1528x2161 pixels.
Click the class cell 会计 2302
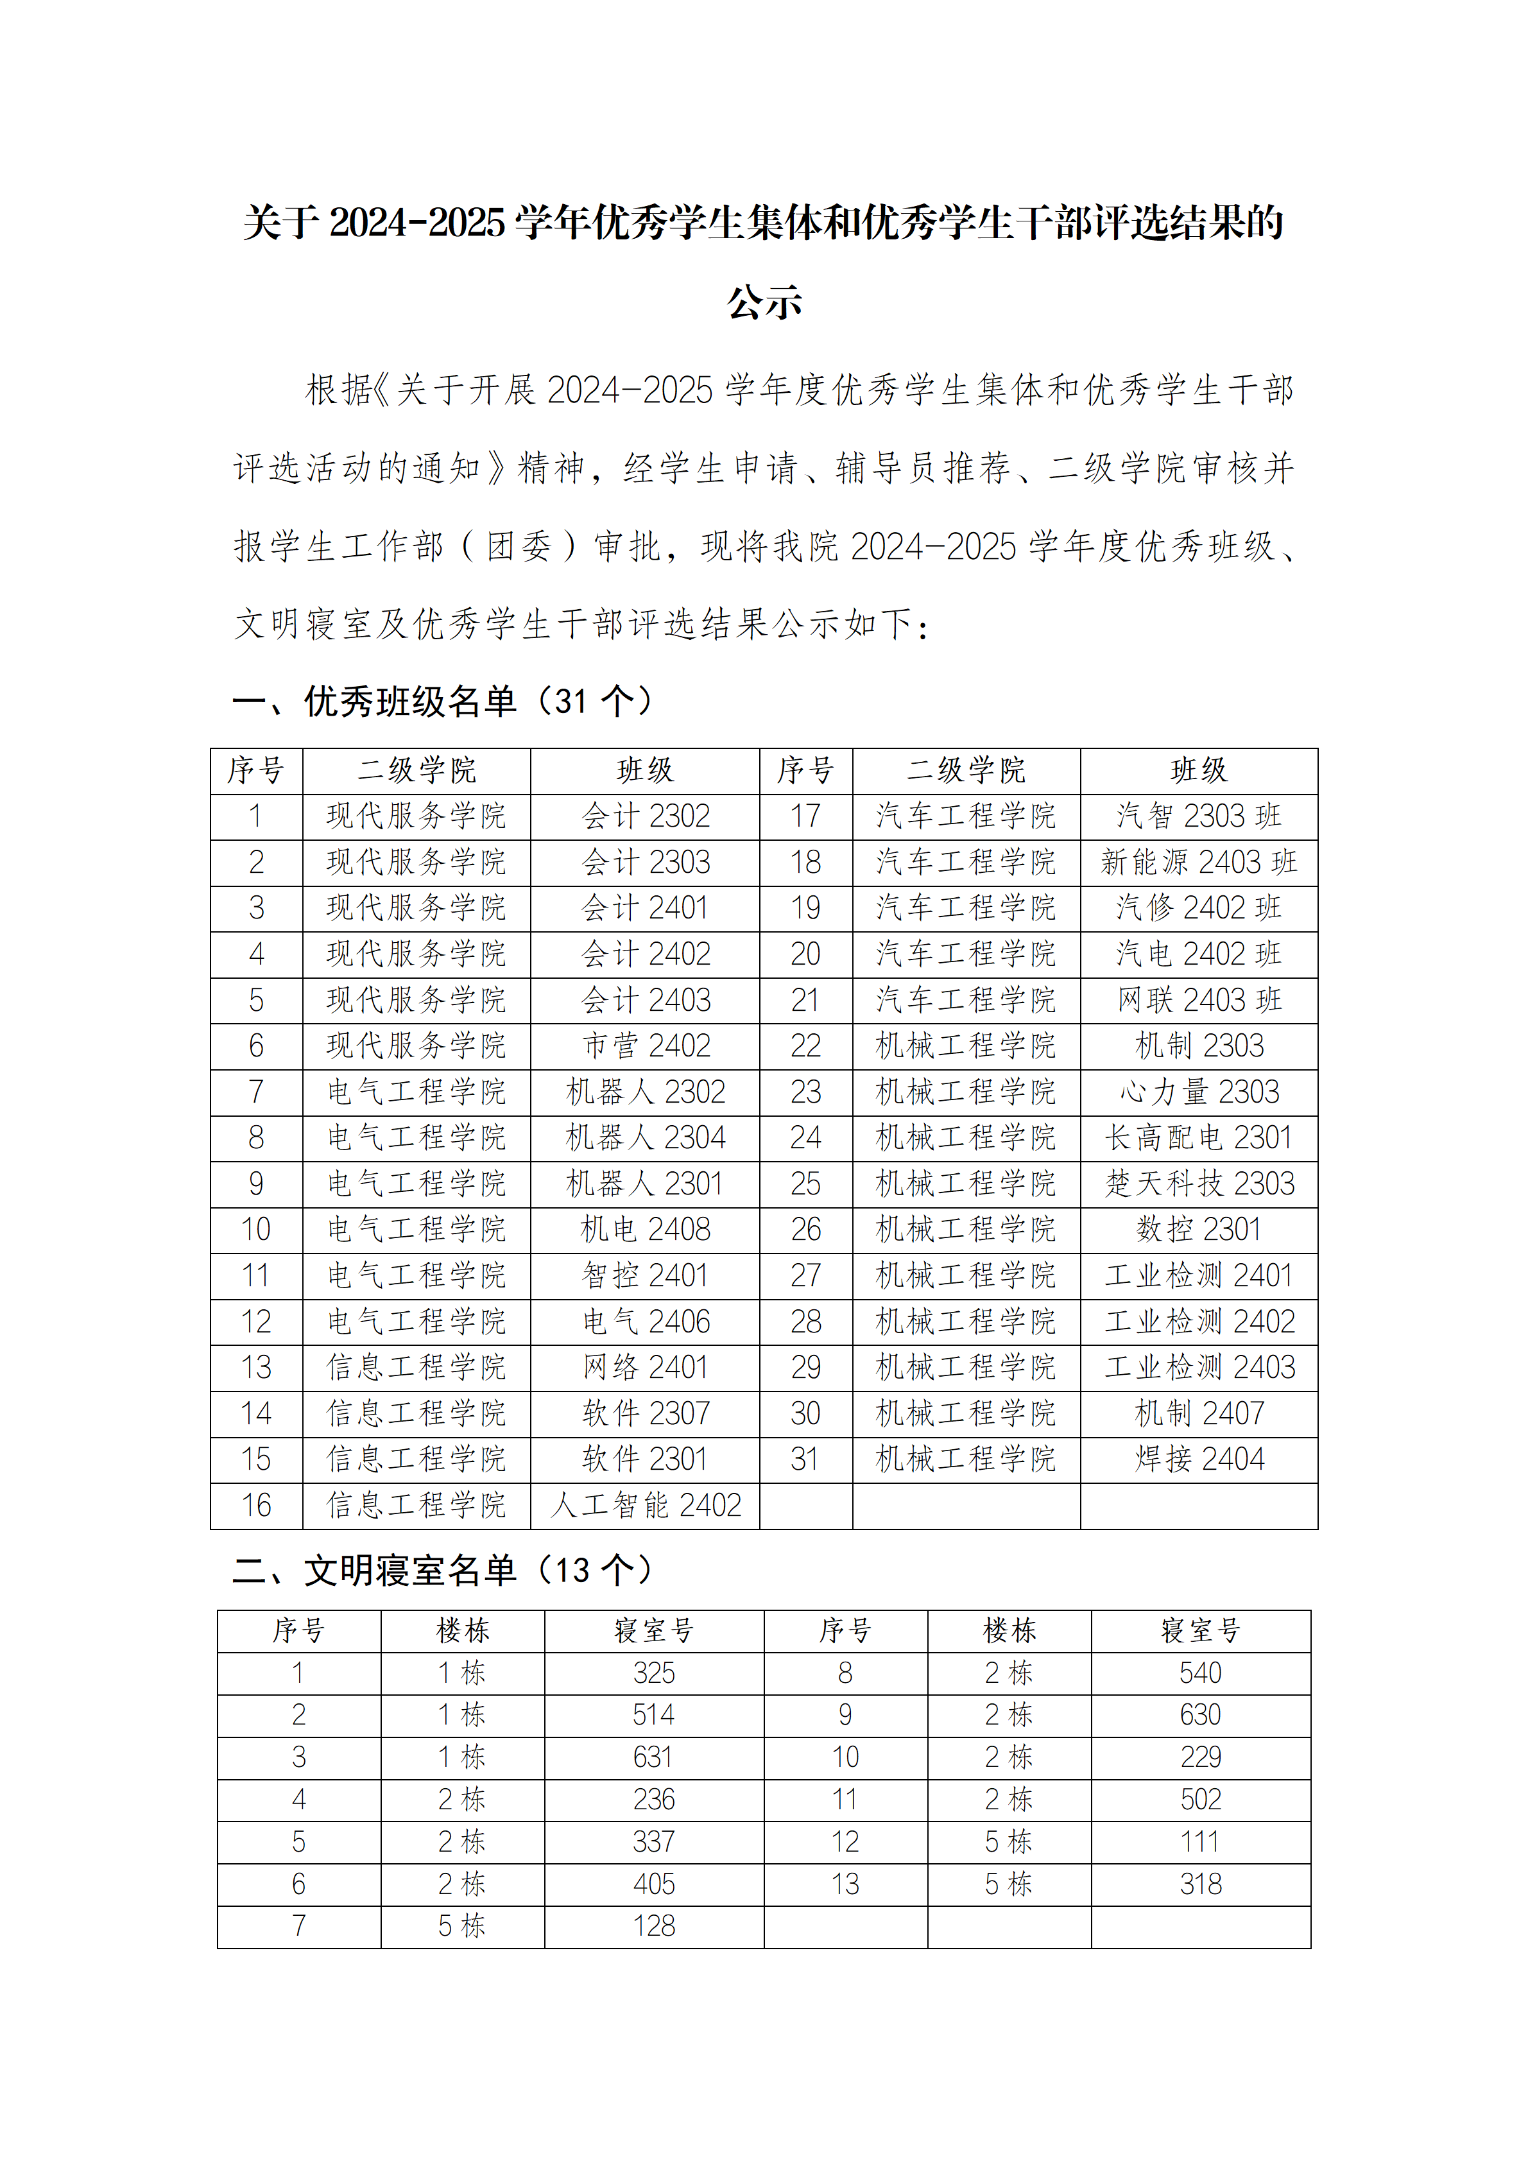point(646,816)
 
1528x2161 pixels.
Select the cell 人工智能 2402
point(646,1505)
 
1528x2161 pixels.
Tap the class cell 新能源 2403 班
point(1199,862)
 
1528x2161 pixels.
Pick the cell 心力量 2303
point(1199,1092)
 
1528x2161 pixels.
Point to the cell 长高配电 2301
point(1199,1138)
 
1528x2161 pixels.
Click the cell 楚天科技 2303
point(1199,1183)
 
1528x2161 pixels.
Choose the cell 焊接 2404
point(1199,1459)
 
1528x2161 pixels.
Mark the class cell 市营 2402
point(646,1046)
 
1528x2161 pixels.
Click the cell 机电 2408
point(646,1229)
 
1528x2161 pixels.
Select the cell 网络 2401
point(646,1368)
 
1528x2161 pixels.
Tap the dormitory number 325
point(654,1673)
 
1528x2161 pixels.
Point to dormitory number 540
point(1201,1673)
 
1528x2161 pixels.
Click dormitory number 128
point(654,1925)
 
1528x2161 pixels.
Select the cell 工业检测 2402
point(1199,1322)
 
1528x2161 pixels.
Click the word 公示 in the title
point(764,302)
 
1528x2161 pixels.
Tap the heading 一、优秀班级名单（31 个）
point(442,702)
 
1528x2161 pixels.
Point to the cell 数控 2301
point(1199,1229)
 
